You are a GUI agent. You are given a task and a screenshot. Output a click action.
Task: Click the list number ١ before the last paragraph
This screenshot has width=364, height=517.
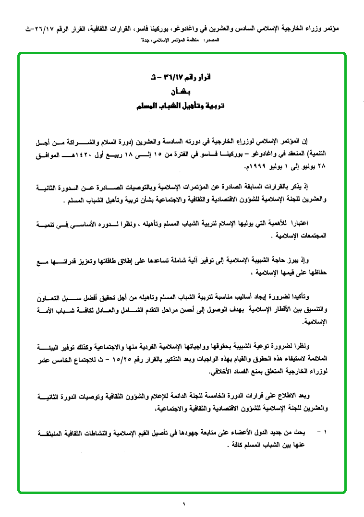click(325, 432)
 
